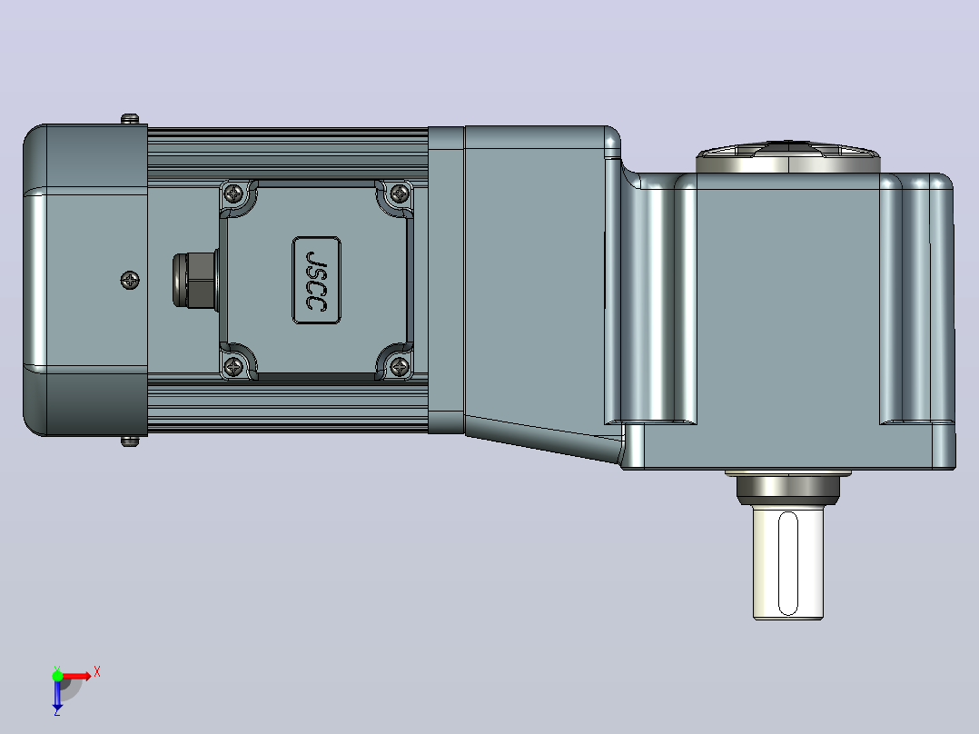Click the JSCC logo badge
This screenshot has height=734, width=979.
317,280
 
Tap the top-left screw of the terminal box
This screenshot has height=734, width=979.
234,193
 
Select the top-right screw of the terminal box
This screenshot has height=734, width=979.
400,193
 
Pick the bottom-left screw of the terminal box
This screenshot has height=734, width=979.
233,366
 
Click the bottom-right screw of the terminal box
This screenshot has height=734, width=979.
400,366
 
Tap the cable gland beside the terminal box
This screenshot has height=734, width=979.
195,280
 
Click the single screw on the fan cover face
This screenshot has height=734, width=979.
130,280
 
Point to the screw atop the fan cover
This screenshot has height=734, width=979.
130,119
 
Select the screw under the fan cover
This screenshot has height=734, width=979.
130,441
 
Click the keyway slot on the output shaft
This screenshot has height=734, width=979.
788,563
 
